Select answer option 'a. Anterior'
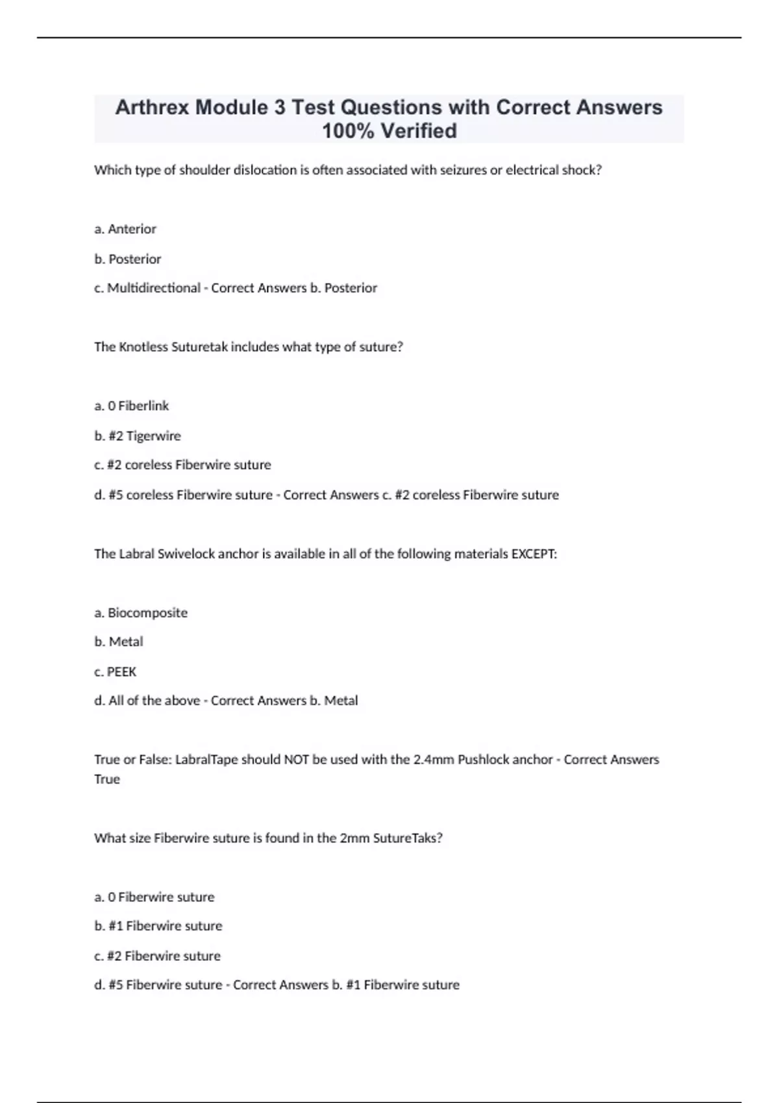125,229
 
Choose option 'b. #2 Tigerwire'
138,436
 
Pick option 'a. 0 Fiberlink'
132,406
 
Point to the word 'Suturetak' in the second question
200,347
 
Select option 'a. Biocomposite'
141,613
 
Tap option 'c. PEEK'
116,672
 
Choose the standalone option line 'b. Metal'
119,642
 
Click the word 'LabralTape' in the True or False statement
206,760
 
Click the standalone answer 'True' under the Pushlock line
107,779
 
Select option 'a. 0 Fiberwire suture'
155,897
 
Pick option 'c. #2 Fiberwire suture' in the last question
158,956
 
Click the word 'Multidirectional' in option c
153,288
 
